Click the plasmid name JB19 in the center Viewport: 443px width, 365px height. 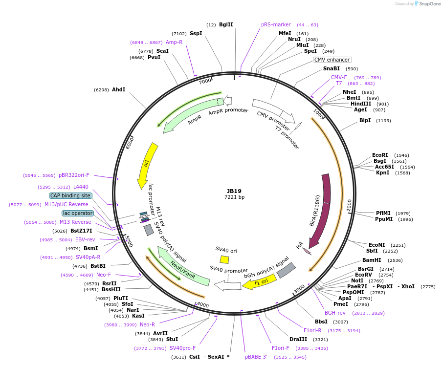234,191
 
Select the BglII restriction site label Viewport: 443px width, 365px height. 226,24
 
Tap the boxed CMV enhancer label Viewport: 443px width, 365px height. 332,60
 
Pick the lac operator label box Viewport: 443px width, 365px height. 77,213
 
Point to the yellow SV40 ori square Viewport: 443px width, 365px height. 224,259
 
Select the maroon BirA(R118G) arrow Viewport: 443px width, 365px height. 322,210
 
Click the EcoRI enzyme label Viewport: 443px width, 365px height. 380,155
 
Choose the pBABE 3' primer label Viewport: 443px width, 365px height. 256,357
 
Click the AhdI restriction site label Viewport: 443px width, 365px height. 118,89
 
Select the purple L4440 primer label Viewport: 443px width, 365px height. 81,187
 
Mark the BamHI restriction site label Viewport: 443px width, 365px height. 372,260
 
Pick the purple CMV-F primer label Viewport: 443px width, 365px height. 339,77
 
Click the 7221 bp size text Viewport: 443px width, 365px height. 234,197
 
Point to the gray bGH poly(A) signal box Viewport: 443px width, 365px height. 286,270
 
